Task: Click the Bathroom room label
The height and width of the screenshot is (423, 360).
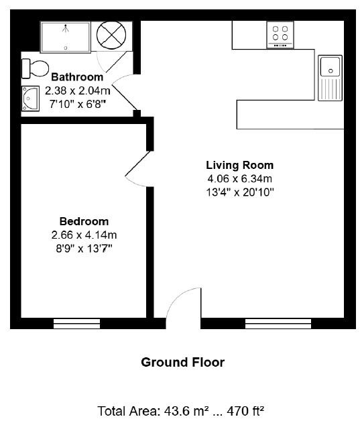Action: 76,76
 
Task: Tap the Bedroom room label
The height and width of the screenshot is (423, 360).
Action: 84,221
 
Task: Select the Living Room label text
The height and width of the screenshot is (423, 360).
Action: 239,165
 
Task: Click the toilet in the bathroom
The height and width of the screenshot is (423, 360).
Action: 36,68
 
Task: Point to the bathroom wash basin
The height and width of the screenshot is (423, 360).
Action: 32,99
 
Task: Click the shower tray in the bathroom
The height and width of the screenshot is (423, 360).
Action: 66,36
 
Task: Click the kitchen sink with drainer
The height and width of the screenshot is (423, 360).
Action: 329,77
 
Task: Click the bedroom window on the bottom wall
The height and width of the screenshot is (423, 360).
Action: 80,324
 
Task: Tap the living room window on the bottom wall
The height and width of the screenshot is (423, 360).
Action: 278,324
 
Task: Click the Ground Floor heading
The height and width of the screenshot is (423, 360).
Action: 182,363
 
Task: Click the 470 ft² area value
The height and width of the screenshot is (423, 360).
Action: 243,410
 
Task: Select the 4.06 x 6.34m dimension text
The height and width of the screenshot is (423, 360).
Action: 239,178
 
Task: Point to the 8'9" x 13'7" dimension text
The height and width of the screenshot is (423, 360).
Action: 84,248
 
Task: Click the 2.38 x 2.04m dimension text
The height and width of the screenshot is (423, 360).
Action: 76,90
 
